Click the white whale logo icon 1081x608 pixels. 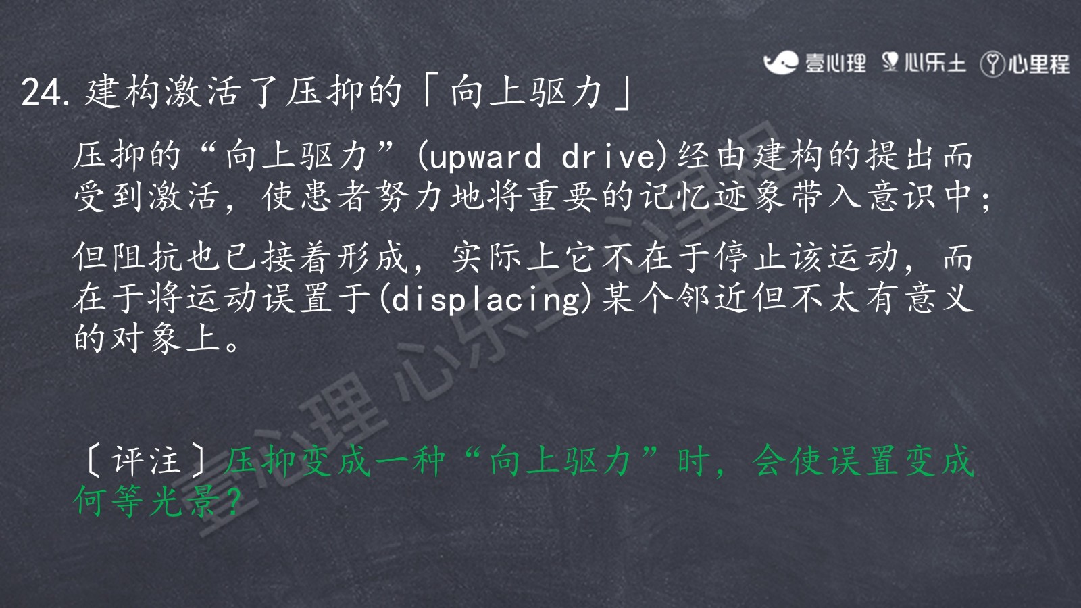tap(780, 63)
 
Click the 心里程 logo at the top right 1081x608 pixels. tap(1025, 64)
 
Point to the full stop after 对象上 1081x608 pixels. tap(232, 345)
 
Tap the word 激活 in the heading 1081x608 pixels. tap(202, 92)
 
